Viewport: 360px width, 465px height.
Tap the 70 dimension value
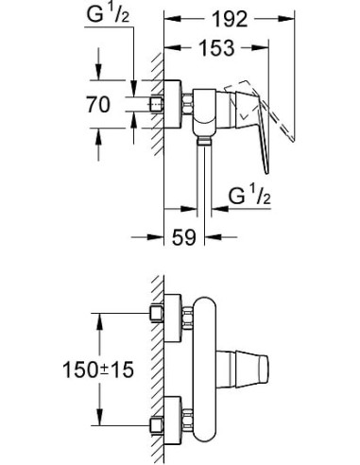pos(113,105)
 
